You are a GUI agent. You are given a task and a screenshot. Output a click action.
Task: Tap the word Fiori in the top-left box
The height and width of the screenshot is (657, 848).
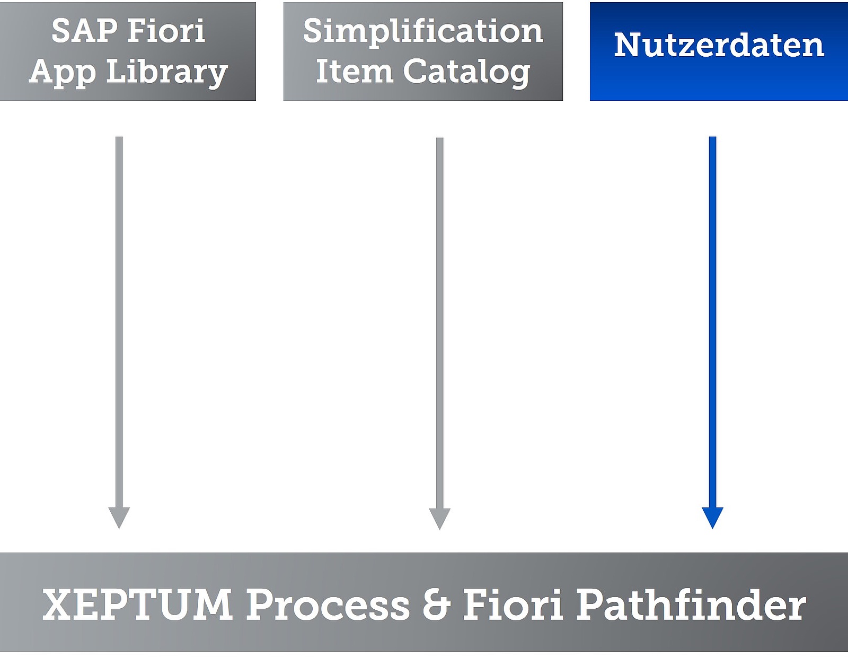click(x=166, y=30)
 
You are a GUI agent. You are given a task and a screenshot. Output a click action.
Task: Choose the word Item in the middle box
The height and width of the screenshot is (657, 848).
click(x=355, y=71)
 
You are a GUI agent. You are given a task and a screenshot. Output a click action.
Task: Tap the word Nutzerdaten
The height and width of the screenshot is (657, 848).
click(x=719, y=45)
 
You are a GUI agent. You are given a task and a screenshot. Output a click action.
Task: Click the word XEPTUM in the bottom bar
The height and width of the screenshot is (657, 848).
click(x=137, y=605)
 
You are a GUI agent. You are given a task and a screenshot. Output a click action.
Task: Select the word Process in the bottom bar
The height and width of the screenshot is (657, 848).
click(x=328, y=605)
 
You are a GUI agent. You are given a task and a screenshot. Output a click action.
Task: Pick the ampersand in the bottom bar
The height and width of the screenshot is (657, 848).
click(x=437, y=605)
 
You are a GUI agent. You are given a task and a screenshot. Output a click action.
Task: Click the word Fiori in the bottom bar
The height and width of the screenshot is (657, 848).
click(x=513, y=605)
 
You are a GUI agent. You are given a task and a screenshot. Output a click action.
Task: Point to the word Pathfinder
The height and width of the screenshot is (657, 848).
click(x=691, y=605)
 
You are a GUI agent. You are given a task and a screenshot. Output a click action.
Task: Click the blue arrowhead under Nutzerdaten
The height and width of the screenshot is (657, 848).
click(x=713, y=518)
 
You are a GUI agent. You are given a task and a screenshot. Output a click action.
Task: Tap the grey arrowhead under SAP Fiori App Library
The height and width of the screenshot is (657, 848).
click(x=119, y=518)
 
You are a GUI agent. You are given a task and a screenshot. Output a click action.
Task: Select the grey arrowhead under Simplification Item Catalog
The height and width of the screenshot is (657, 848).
click(x=440, y=519)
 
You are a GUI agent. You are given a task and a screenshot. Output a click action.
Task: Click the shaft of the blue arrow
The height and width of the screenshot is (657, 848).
click(x=713, y=322)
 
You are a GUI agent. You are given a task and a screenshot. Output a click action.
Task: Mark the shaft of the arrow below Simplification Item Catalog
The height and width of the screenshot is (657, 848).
click(x=440, y=323)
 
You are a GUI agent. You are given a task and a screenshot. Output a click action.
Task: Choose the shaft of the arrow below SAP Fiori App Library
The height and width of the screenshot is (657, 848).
click(x=119, y=322)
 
